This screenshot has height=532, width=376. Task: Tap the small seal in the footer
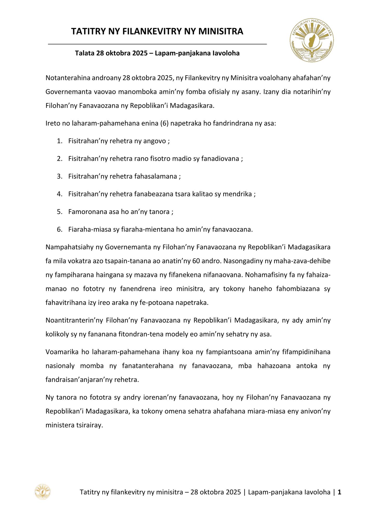(43, 492)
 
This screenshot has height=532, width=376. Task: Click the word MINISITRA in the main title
(221, 31)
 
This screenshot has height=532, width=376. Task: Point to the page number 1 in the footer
(339, 492)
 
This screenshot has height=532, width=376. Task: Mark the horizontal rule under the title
(157, 44)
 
